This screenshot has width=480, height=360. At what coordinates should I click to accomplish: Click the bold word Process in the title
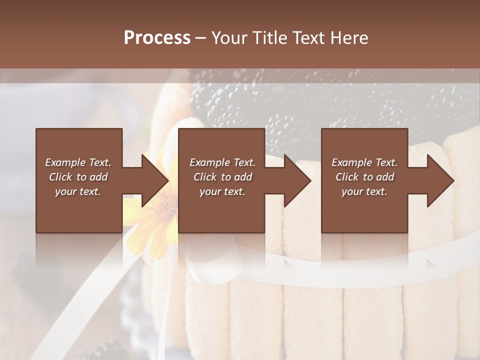[x=157, y=37]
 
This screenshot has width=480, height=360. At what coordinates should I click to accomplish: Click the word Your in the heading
[x=228, y=37]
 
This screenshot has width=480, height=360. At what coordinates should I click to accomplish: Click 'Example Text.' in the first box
[x=78, y=162]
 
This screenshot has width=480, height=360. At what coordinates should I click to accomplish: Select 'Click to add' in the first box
[x=78, y=177]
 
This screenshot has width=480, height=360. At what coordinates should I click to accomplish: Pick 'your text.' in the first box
[x=78, y=191]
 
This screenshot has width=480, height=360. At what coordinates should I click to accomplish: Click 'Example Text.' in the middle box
[x=222, y=162]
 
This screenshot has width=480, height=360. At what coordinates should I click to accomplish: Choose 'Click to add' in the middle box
[x=222, y=177]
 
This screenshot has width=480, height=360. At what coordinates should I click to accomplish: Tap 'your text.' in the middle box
[x=222, y=191]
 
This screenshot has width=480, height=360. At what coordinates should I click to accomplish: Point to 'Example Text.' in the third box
[x=364, y=162]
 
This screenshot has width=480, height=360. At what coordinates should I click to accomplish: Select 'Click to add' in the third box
[x=364, y=177]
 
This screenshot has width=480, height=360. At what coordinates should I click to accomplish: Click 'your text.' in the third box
[x=364, y=191]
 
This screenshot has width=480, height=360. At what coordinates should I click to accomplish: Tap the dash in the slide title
[x=201, y=37]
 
